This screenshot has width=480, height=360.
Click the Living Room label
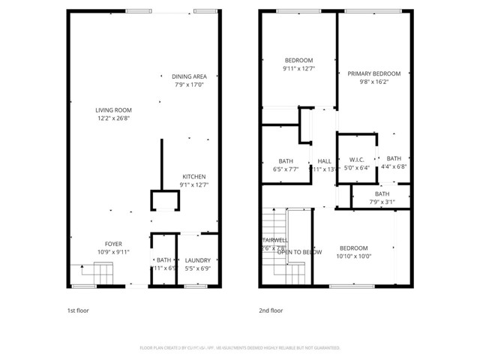(113, 110)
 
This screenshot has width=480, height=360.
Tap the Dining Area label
(189, 76)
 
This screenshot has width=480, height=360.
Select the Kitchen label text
(193, 176)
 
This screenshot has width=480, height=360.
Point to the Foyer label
(113, 244)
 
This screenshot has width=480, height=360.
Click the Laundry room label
(198, 260)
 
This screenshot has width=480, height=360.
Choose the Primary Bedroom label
(373, 73)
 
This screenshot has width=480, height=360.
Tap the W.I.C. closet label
(356, 159)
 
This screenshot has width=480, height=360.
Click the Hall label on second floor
(324, 161)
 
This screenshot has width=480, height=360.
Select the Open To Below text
(299, 252)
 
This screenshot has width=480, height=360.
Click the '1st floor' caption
(78, 310)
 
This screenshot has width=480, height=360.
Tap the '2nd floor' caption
(271, 310)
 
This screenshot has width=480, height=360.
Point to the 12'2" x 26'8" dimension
(113, 118)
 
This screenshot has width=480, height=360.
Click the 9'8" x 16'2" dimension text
(373, 82)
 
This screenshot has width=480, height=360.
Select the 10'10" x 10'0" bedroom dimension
(353, 256)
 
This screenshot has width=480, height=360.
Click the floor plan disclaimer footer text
(240, 348)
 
